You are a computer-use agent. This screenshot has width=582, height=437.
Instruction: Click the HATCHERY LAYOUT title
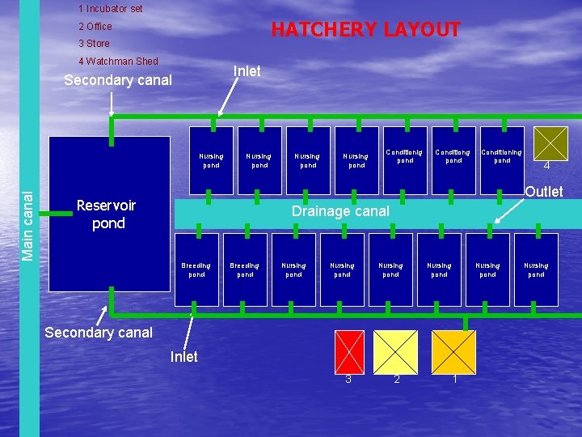click(x=365, y=30)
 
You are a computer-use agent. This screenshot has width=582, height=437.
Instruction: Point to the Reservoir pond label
click(x=107, y=214)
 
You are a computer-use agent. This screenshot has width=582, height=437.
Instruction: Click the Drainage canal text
click(x=340, y=211)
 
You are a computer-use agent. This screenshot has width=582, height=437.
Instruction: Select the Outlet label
click(x=543, y=192)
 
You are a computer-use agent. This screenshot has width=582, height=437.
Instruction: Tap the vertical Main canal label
click(x=28, y=226)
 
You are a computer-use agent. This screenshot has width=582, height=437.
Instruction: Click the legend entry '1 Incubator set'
click(x=111, y=9)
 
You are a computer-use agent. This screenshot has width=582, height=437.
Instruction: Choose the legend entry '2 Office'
click(x=95, y=27)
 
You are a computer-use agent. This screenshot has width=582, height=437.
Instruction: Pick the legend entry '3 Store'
click(x=94, y=44)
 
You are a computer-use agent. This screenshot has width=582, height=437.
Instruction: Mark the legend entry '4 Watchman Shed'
click(x=118, y=62)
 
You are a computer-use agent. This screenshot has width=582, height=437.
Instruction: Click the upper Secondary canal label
click(x=117, y=80)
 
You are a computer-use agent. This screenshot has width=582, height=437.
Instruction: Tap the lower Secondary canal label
click(x=99, y=333)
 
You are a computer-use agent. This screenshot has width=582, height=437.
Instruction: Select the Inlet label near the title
click(x=247, y=71)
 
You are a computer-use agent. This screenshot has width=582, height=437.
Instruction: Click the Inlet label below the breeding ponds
click(x=184, y=357)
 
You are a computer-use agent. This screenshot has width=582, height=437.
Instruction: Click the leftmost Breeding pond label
click(x=196, y=269)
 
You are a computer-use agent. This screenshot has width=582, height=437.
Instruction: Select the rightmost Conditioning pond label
click(x=502, y=155)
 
